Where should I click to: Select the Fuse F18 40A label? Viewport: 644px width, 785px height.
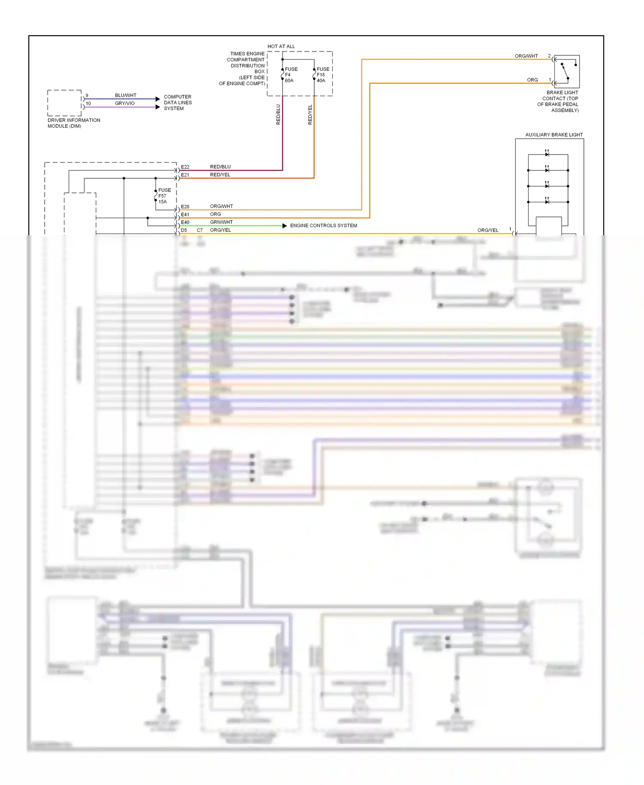pos(322,75)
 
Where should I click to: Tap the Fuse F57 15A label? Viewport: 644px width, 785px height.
pos(164,196)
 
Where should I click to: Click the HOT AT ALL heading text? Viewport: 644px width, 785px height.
pos(281,46)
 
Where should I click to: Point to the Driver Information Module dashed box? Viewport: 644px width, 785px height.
pos(64,103)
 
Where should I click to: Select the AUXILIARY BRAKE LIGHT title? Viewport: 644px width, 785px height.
pos(554,135)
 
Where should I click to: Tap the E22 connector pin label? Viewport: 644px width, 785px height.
pos(185,167)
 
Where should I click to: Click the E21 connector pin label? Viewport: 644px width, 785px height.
pos(185,175)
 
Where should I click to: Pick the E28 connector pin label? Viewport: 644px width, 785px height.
pos(185,207)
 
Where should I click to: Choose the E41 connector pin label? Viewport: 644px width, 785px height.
pos(185,214)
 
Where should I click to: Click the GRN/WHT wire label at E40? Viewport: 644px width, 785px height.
pos(221,222)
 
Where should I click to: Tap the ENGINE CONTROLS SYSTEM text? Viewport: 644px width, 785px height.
pos(323,225)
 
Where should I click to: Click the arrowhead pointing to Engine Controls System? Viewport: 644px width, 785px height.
pos(285,226)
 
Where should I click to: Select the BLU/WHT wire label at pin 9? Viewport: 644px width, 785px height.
pos(125,95)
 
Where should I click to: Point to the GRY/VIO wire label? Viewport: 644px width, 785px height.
pos(125,103)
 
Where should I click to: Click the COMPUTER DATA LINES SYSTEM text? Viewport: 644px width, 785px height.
pos(178,103)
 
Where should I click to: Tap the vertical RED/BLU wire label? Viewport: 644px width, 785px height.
pos(278,115)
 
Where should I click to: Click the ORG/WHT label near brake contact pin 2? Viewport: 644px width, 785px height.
pos(526,56)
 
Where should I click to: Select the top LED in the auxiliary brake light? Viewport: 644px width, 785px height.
pos(547,154)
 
